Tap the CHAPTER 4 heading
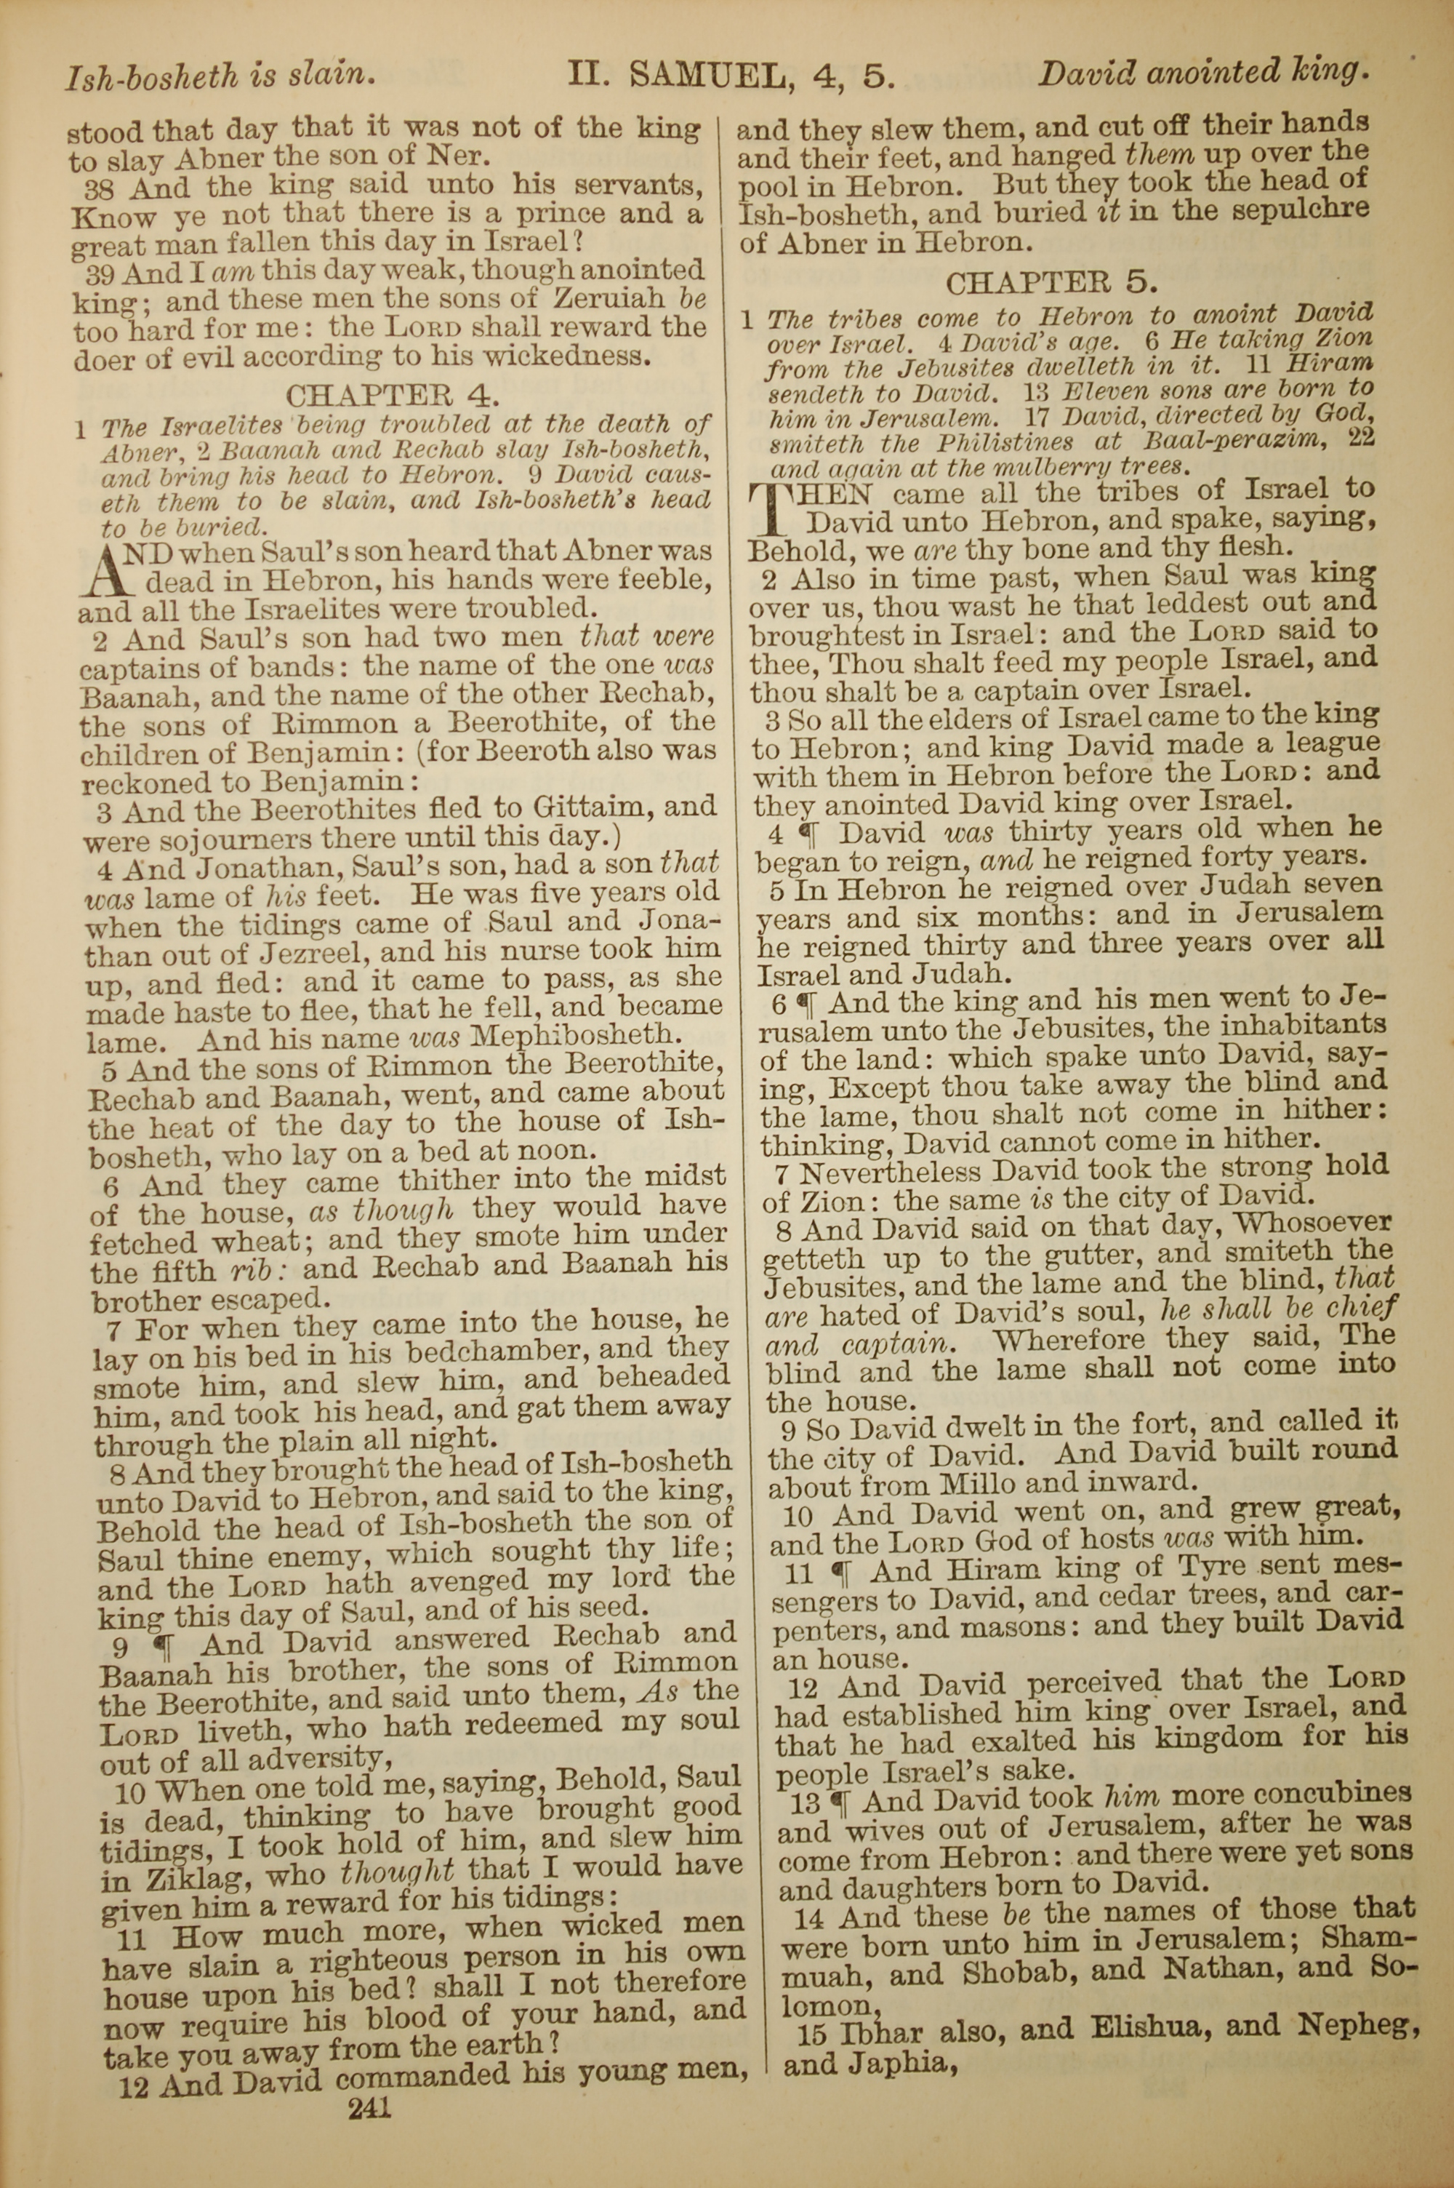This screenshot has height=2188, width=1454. click(x=393, y=397)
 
